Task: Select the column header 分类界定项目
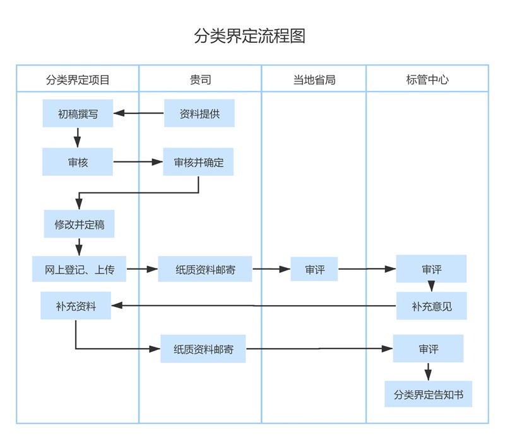click(x=78, y=79)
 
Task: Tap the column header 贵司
click(x=200, y=79)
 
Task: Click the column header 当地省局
click(x=314, y=79)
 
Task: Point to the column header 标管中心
click(x=427, y=79)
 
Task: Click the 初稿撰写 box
click(x=78, y=113)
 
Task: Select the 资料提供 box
click(x=199, y=113)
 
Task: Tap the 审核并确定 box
click(x=198, y=162)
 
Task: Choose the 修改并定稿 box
click(x=79, y=224)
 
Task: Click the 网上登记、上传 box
click(x=80, y=269)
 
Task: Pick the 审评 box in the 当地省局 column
click(x=314, y=269)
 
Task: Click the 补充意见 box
click(x=431, y=306)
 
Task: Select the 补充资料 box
click(x=76, y=306)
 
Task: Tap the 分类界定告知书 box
click(x=428, y=395)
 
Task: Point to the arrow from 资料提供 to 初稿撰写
click(x=138, y=113)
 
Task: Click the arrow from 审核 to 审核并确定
click(x=138, y=162)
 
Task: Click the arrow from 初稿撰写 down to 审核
click(x=78, y=137)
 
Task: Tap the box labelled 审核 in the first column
click(x=78, y=162)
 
